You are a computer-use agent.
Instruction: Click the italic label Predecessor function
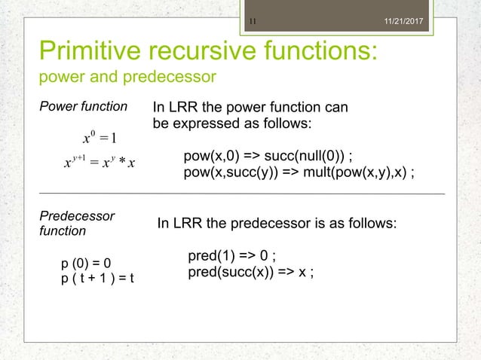(76, 223)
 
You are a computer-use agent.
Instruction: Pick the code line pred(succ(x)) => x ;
(251, 273)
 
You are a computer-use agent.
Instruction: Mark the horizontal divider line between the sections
(241, 194)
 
